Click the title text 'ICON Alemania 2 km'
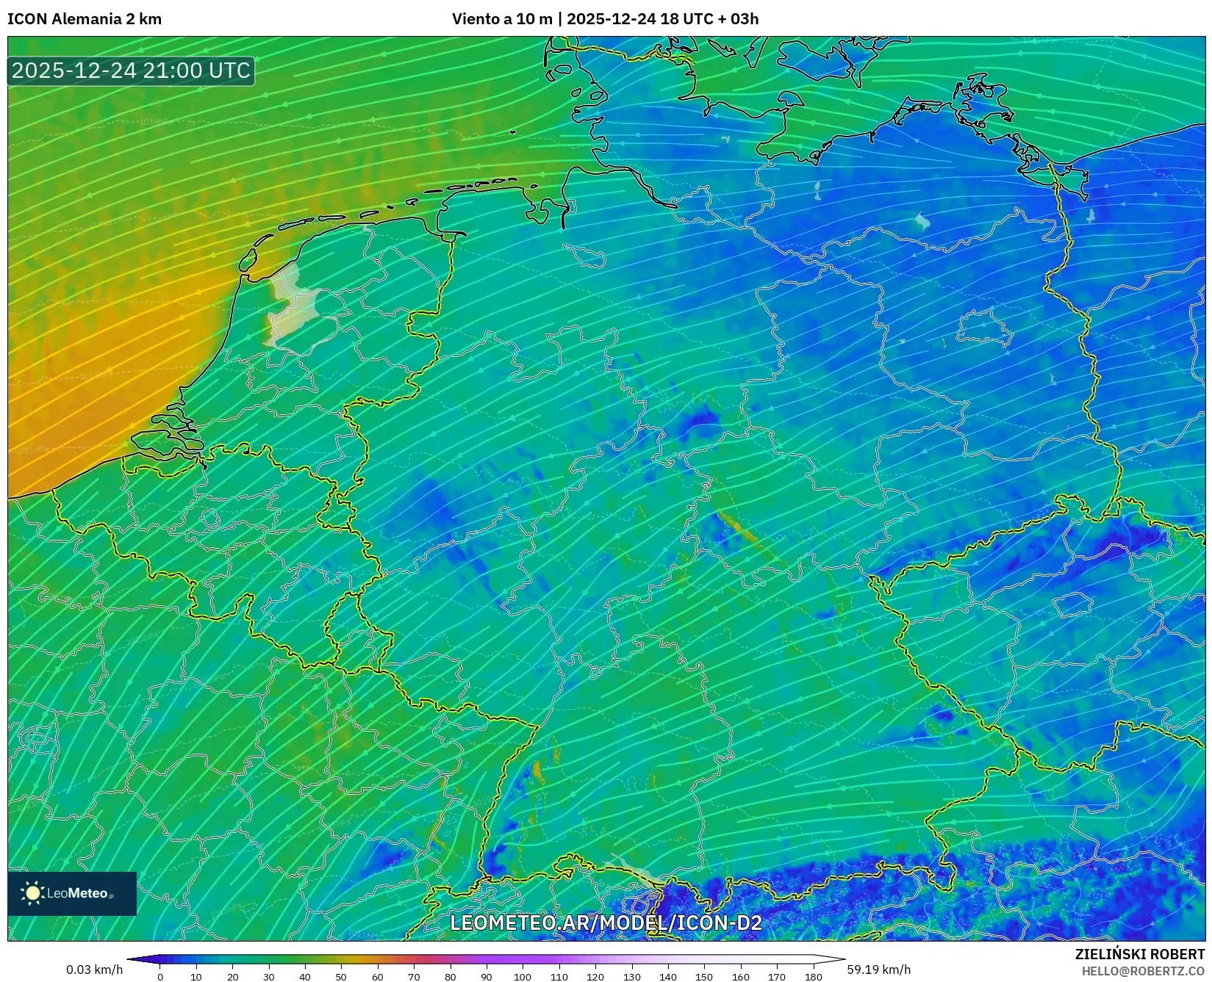[85, 19]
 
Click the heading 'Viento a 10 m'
[501, 19]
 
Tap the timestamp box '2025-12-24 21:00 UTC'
[131, 71]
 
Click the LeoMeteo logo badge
[72, 893]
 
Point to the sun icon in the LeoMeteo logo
[32, 893]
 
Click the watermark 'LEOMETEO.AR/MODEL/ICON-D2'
[606, 923]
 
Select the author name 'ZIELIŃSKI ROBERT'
[1139, 955]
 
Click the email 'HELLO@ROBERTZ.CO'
[1142, 971]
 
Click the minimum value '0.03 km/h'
[95, 970]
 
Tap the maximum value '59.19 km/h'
[878, 970]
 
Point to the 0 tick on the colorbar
[160, 977]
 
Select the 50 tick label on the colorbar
[341, 977]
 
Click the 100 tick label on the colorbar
[523, 977]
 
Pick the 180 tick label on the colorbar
[813, 977]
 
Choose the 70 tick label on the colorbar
[414, 977]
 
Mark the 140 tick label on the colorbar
[667, 977]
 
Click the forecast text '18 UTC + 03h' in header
[709, 19]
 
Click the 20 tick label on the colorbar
[232, 977]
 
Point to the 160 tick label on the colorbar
[740, 977]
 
